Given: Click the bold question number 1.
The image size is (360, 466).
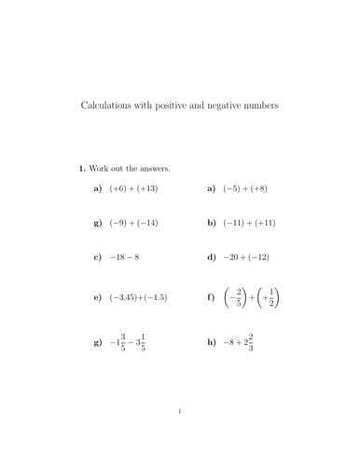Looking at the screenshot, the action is [82, 169].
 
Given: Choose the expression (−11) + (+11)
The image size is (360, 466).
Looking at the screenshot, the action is [254, 224].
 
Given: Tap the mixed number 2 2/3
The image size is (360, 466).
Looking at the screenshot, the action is [247, 342].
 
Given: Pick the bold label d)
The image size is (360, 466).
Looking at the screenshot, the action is [212, 257].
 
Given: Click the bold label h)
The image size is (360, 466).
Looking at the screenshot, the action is [212, 342].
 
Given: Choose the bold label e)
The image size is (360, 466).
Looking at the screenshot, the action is [98, 298].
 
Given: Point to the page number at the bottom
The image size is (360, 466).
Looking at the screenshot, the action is [179, 436].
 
